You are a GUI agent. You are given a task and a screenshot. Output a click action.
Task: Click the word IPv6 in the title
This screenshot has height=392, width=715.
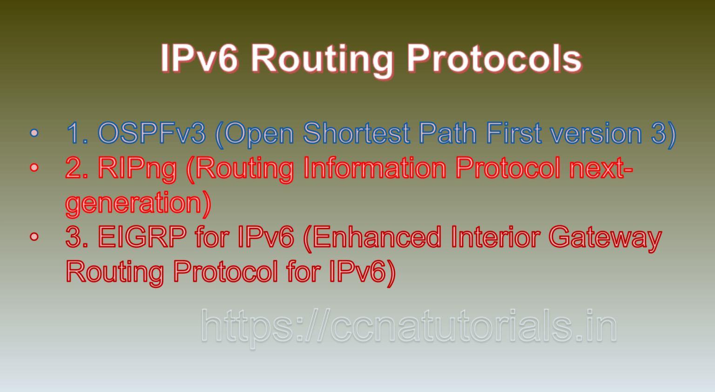199,59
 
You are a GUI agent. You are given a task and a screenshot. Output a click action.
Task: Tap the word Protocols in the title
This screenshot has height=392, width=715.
494,59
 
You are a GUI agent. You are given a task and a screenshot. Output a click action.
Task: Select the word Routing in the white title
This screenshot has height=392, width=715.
322,60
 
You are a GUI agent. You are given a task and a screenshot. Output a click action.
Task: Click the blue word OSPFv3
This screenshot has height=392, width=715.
152,133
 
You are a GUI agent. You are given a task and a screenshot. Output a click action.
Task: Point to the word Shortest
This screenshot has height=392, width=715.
357,133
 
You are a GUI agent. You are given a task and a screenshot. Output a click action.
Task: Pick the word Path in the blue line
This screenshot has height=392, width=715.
447,133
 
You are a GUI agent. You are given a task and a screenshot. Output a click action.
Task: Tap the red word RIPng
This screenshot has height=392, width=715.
137,168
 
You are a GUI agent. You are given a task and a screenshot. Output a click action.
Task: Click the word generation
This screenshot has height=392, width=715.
134,203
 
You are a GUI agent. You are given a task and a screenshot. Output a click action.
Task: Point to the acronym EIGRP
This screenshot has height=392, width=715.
142,237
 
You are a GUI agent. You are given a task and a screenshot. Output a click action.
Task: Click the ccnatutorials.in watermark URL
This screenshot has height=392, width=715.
409,327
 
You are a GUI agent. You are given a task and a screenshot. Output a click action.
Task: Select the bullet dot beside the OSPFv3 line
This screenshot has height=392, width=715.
34,133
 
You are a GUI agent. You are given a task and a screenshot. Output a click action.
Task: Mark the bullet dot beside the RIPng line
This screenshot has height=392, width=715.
34,167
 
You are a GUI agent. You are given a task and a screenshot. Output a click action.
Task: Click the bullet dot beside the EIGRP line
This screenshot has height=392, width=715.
34,237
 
